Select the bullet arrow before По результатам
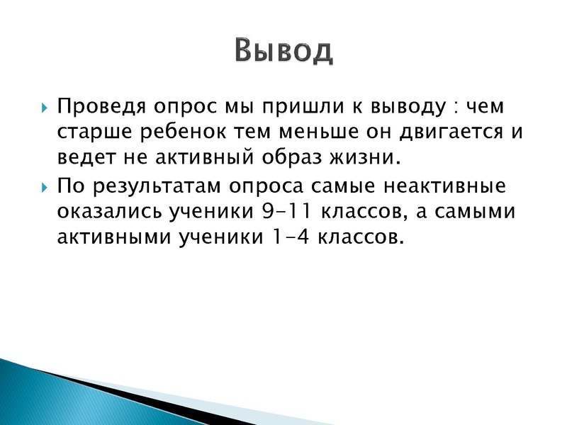click(x=44, y=188)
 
